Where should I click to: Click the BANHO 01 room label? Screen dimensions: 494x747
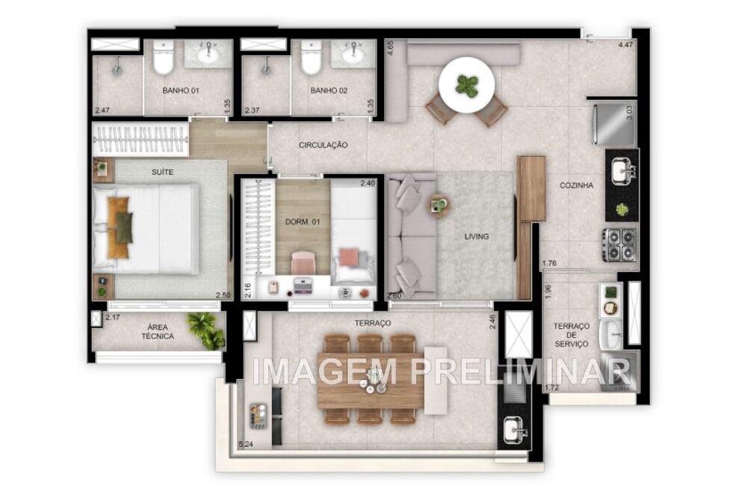[181, 91]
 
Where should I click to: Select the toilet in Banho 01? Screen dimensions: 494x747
[163, 58]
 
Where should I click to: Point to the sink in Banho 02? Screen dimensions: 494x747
[353, 54]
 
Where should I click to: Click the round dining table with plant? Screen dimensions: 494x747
[466, 86]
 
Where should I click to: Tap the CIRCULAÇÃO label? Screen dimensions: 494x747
[323, 145]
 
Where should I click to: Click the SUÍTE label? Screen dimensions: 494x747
[162, 172]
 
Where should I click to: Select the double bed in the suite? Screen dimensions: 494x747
[146, 229]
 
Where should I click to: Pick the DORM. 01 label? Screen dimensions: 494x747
[303, 221]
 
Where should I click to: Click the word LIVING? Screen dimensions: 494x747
[477, 237]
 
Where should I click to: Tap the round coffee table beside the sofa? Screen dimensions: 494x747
[438, 204]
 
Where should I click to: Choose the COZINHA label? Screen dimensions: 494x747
[576, 185]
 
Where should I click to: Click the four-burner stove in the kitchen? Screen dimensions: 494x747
[620, 244]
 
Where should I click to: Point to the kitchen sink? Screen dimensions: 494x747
[622, 172]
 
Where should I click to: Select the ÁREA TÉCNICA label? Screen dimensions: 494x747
[158, 332]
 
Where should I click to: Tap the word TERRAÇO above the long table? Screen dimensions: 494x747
[373, 323]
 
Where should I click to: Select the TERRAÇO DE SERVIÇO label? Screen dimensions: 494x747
[571, 335]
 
